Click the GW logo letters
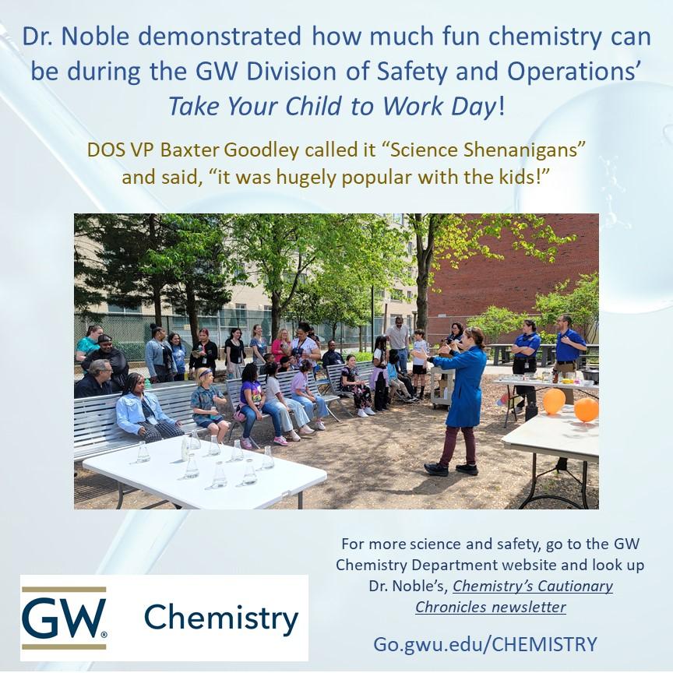pos(64,618)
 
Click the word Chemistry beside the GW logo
pos(221,618)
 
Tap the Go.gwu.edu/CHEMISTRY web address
pos(484,644)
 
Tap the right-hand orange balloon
pos(586,410)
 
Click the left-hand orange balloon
pos(554,401)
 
